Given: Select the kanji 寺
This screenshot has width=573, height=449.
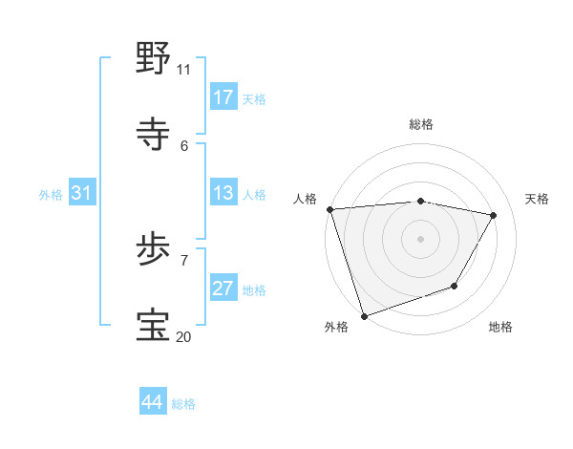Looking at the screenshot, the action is (x=153, y=134).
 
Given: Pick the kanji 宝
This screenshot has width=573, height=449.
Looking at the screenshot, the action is (x=153, y=325).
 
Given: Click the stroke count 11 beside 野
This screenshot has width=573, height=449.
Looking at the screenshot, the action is (x=183, y=69).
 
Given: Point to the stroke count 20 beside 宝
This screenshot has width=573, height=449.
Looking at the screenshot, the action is (x=183, y=336).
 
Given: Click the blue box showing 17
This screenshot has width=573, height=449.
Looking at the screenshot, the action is (x=223, y=97).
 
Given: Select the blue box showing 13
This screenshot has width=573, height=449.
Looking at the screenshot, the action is (x=223, y=194).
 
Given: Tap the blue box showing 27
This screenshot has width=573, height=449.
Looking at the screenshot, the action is (x=223, y=289).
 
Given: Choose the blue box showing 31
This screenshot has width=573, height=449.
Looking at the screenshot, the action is (x=82, y=194).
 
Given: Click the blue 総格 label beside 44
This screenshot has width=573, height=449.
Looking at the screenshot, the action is (x=183, y=404).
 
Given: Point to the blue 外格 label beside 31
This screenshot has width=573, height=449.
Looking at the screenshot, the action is (x=51, y=195).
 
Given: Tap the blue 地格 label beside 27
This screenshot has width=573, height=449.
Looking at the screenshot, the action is (x=254, y=290).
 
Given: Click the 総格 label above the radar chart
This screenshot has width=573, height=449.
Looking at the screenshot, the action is (x=421, y=124).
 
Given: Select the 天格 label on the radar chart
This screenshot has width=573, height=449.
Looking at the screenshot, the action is (x=538, y=199).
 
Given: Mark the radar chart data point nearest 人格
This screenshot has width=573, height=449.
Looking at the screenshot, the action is (x=329, y=209).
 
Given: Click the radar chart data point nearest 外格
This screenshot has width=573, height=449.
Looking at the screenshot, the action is (x=364, y=315).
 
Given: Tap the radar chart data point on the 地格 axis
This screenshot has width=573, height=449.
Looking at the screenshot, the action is (x=455, y=286).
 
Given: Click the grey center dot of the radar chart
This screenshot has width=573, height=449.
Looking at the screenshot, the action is (x=421, y=238).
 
